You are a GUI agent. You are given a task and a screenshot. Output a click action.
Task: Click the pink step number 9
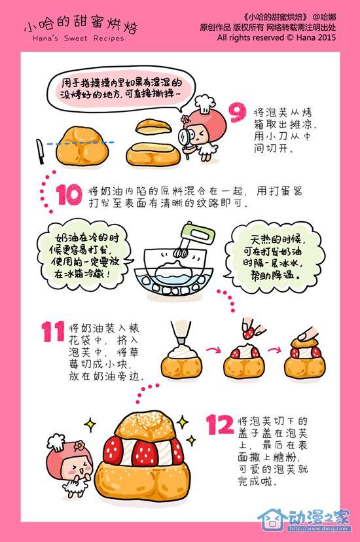tap(238, 113)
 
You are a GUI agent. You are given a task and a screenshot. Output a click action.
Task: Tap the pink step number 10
tap(69, 194)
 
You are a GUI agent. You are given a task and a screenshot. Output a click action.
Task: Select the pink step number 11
tap(53, 331)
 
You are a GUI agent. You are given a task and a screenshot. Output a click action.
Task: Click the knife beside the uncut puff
tap(40, 151)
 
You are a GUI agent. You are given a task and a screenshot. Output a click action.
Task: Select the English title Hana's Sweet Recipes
tap(78, 38)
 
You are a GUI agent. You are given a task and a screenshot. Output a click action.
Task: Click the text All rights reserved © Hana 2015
tap(276, 37)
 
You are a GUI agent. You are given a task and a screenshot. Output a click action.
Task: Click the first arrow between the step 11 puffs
tap(213, 350)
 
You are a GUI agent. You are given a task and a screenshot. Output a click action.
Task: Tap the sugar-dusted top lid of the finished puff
tap(151, 426)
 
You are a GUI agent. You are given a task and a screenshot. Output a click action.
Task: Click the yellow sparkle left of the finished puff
tap(90, 424)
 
